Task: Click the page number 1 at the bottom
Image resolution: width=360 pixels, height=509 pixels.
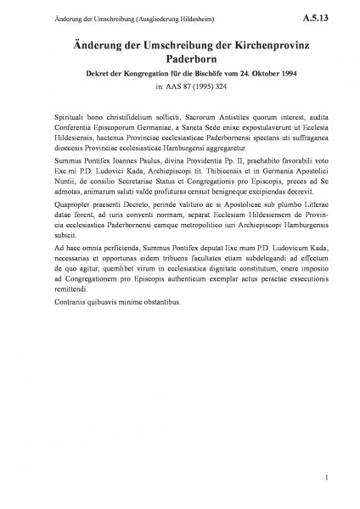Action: [x=326, y=483]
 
